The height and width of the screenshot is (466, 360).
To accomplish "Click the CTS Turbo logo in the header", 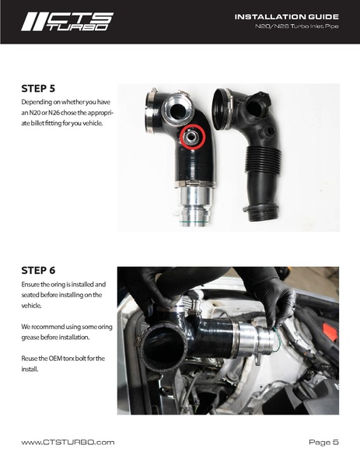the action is tap(68, 22).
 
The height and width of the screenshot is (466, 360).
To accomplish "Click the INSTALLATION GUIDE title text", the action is tap(287, 17).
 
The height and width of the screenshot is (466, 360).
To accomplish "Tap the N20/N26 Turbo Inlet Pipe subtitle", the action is tap(297, 26).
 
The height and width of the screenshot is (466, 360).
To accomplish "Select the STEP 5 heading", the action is tap(38, 89).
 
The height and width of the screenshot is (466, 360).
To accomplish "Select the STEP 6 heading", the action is tap(38, 271).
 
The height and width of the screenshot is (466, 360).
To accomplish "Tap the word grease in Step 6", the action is tap(30, 338).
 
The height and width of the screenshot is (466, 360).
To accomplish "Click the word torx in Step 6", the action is tap(68, 359).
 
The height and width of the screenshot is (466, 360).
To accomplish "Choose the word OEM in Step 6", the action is tap(55, 359).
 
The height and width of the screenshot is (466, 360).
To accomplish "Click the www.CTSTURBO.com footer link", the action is tap(68, 442).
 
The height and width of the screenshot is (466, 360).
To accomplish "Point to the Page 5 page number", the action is tap(323, 442).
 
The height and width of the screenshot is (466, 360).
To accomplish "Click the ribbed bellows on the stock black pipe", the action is tap(263, 160).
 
